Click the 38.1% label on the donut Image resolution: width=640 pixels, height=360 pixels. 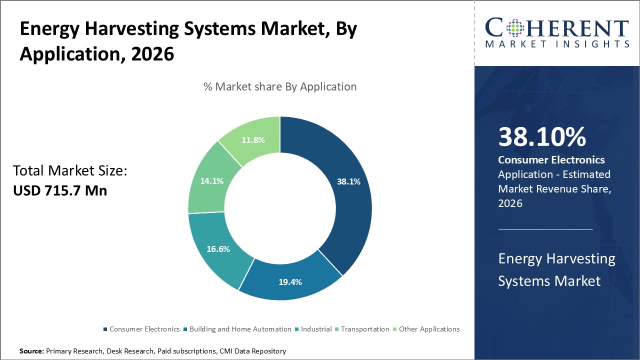pos(348,182)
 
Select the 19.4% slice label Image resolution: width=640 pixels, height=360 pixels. pos(290,282)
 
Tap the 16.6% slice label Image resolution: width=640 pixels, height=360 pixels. pos(218,249)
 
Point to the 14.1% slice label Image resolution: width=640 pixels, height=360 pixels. pos(211,181)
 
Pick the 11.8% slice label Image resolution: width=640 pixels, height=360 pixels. pos(252,140)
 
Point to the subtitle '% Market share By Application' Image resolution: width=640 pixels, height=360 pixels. pos(280,86)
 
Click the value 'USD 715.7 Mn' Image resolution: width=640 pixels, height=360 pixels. pos(60,190)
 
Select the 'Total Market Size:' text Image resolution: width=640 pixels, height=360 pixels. pos(70,171)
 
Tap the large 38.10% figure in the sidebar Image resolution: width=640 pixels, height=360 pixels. pos(542,137)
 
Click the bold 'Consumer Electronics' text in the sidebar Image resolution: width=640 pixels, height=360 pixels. pos(551,160)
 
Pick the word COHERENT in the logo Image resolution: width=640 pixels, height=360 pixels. pos(557,28)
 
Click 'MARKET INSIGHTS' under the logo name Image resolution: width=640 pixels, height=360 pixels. pos(557,44)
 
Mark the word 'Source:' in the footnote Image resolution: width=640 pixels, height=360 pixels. pos(31,351)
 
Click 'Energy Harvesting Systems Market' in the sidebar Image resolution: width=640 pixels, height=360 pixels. pos(556,269)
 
